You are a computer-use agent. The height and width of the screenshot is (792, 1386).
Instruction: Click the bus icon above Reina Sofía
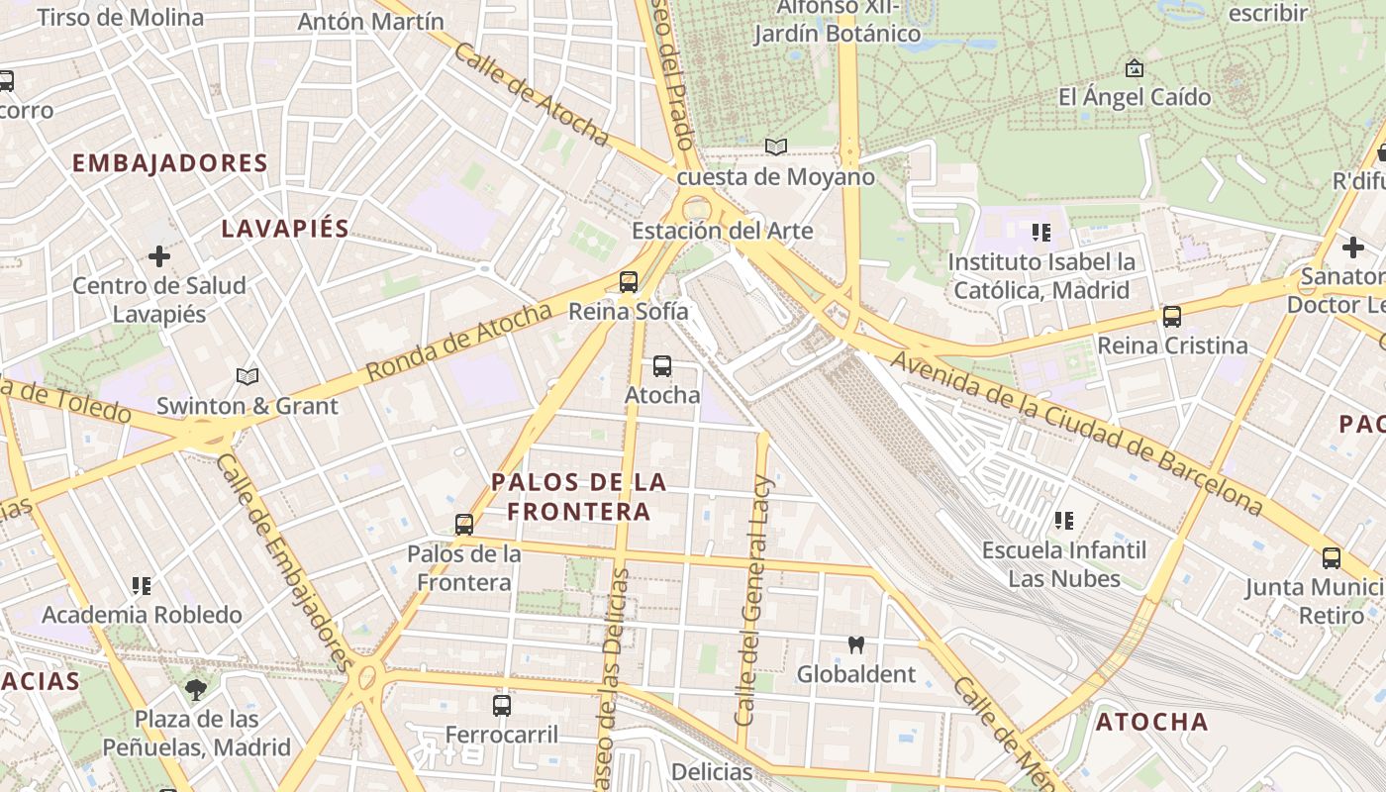(628, 282)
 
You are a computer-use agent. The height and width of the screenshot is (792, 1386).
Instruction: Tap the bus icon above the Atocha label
(662, 366)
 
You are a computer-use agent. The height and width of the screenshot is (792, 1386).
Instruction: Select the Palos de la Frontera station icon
(463, 525)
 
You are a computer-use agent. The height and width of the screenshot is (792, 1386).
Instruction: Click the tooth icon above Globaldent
(856, 644)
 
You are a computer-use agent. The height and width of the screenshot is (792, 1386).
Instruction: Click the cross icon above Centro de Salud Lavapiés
(158, 256)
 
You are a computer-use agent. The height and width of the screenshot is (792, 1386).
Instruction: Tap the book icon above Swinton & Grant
(247, 376)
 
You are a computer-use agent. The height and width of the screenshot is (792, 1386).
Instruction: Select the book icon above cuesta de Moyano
(776, 148)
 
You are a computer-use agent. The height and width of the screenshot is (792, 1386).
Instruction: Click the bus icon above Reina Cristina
(1172, 317)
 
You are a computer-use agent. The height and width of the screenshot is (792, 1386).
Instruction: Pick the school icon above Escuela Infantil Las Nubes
(1064, 520)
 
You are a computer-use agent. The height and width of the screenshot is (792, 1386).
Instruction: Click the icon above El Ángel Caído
(1135, 68)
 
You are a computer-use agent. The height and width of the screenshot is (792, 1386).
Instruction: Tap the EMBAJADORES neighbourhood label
(170, 163)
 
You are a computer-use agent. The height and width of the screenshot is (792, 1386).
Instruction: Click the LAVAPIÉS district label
(285, 229)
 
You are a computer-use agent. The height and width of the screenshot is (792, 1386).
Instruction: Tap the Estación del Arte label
(722, 231)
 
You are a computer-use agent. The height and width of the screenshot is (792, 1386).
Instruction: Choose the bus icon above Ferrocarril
(502, 706)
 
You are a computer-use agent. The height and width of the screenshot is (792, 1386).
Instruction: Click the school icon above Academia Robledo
(142, 586)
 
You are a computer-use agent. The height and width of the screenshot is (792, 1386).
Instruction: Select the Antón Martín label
(370, 21)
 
